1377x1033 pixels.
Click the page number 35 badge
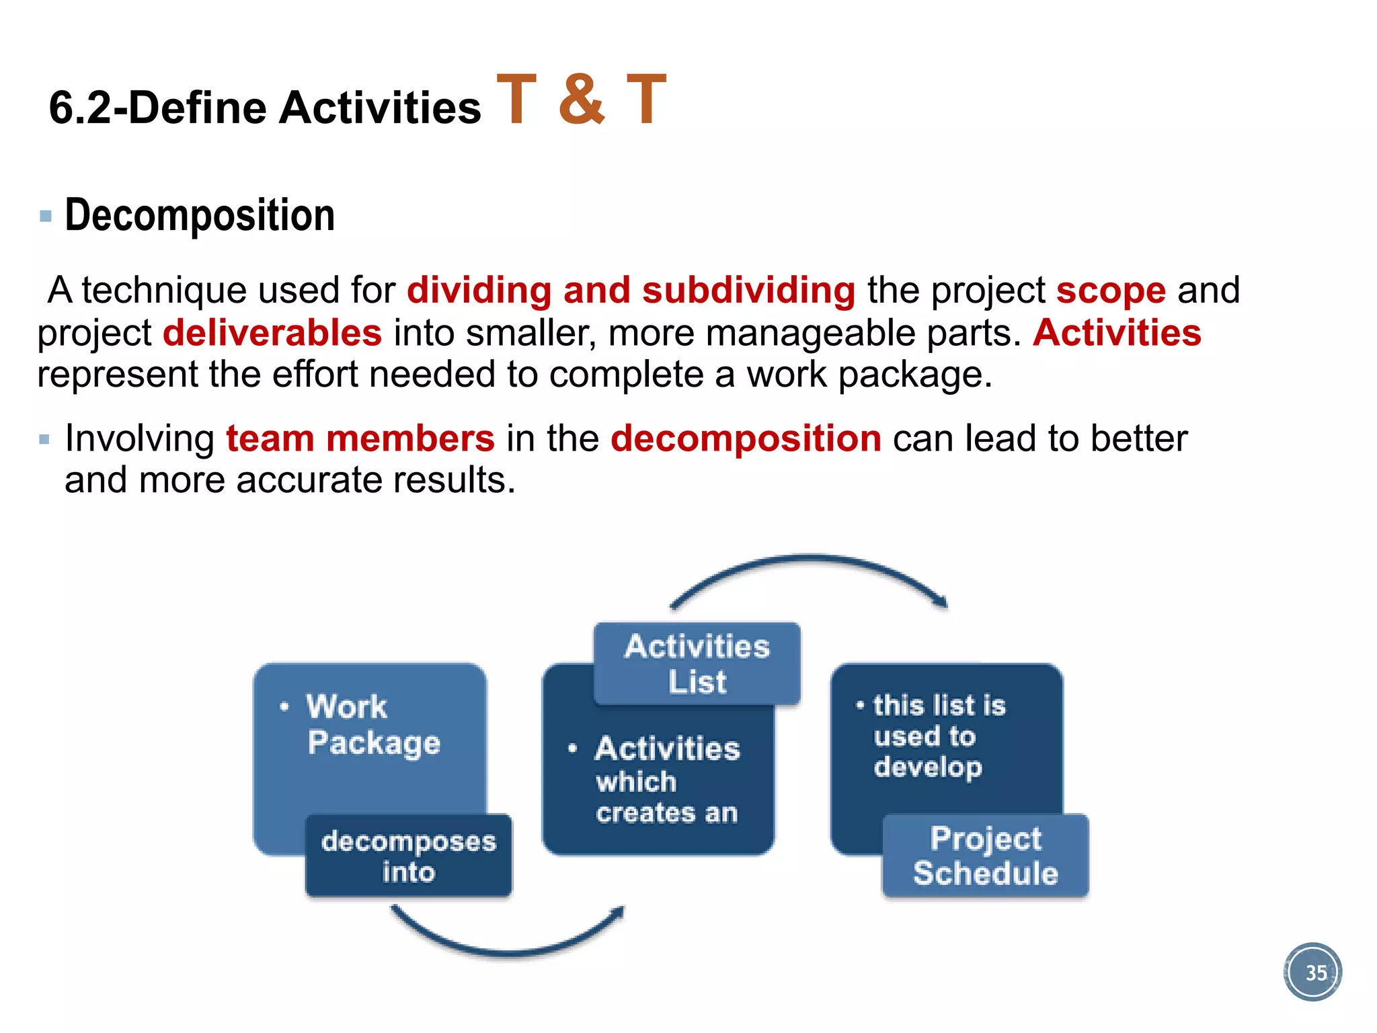click(x=1312, y=972)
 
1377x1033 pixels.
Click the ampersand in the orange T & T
click(x=582, y=100)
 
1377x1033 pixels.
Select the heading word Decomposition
click(x=200, y=215)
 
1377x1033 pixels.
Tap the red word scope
click(x=1111, y=291)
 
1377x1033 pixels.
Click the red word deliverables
click(x=272, y=333)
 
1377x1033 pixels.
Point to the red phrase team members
click(x=360, y=438)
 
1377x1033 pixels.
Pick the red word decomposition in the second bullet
click(x=746, y=438)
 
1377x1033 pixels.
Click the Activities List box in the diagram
click(x=697, y=664)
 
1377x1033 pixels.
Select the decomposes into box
click(x=408, y=856)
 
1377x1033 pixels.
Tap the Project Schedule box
click(x=985, y=856)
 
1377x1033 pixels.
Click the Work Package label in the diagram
click(x=373, y=724)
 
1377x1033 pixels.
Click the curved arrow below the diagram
click(x=508, y=939)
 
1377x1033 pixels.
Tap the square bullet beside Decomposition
click(x=46, y=217)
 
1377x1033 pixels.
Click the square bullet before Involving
click(x=45, y=440)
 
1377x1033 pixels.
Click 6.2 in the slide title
click(x=79, y=108)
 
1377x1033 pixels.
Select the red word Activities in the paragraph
click(x=1117, y=333)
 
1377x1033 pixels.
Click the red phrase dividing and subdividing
click(x=631, y=291)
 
